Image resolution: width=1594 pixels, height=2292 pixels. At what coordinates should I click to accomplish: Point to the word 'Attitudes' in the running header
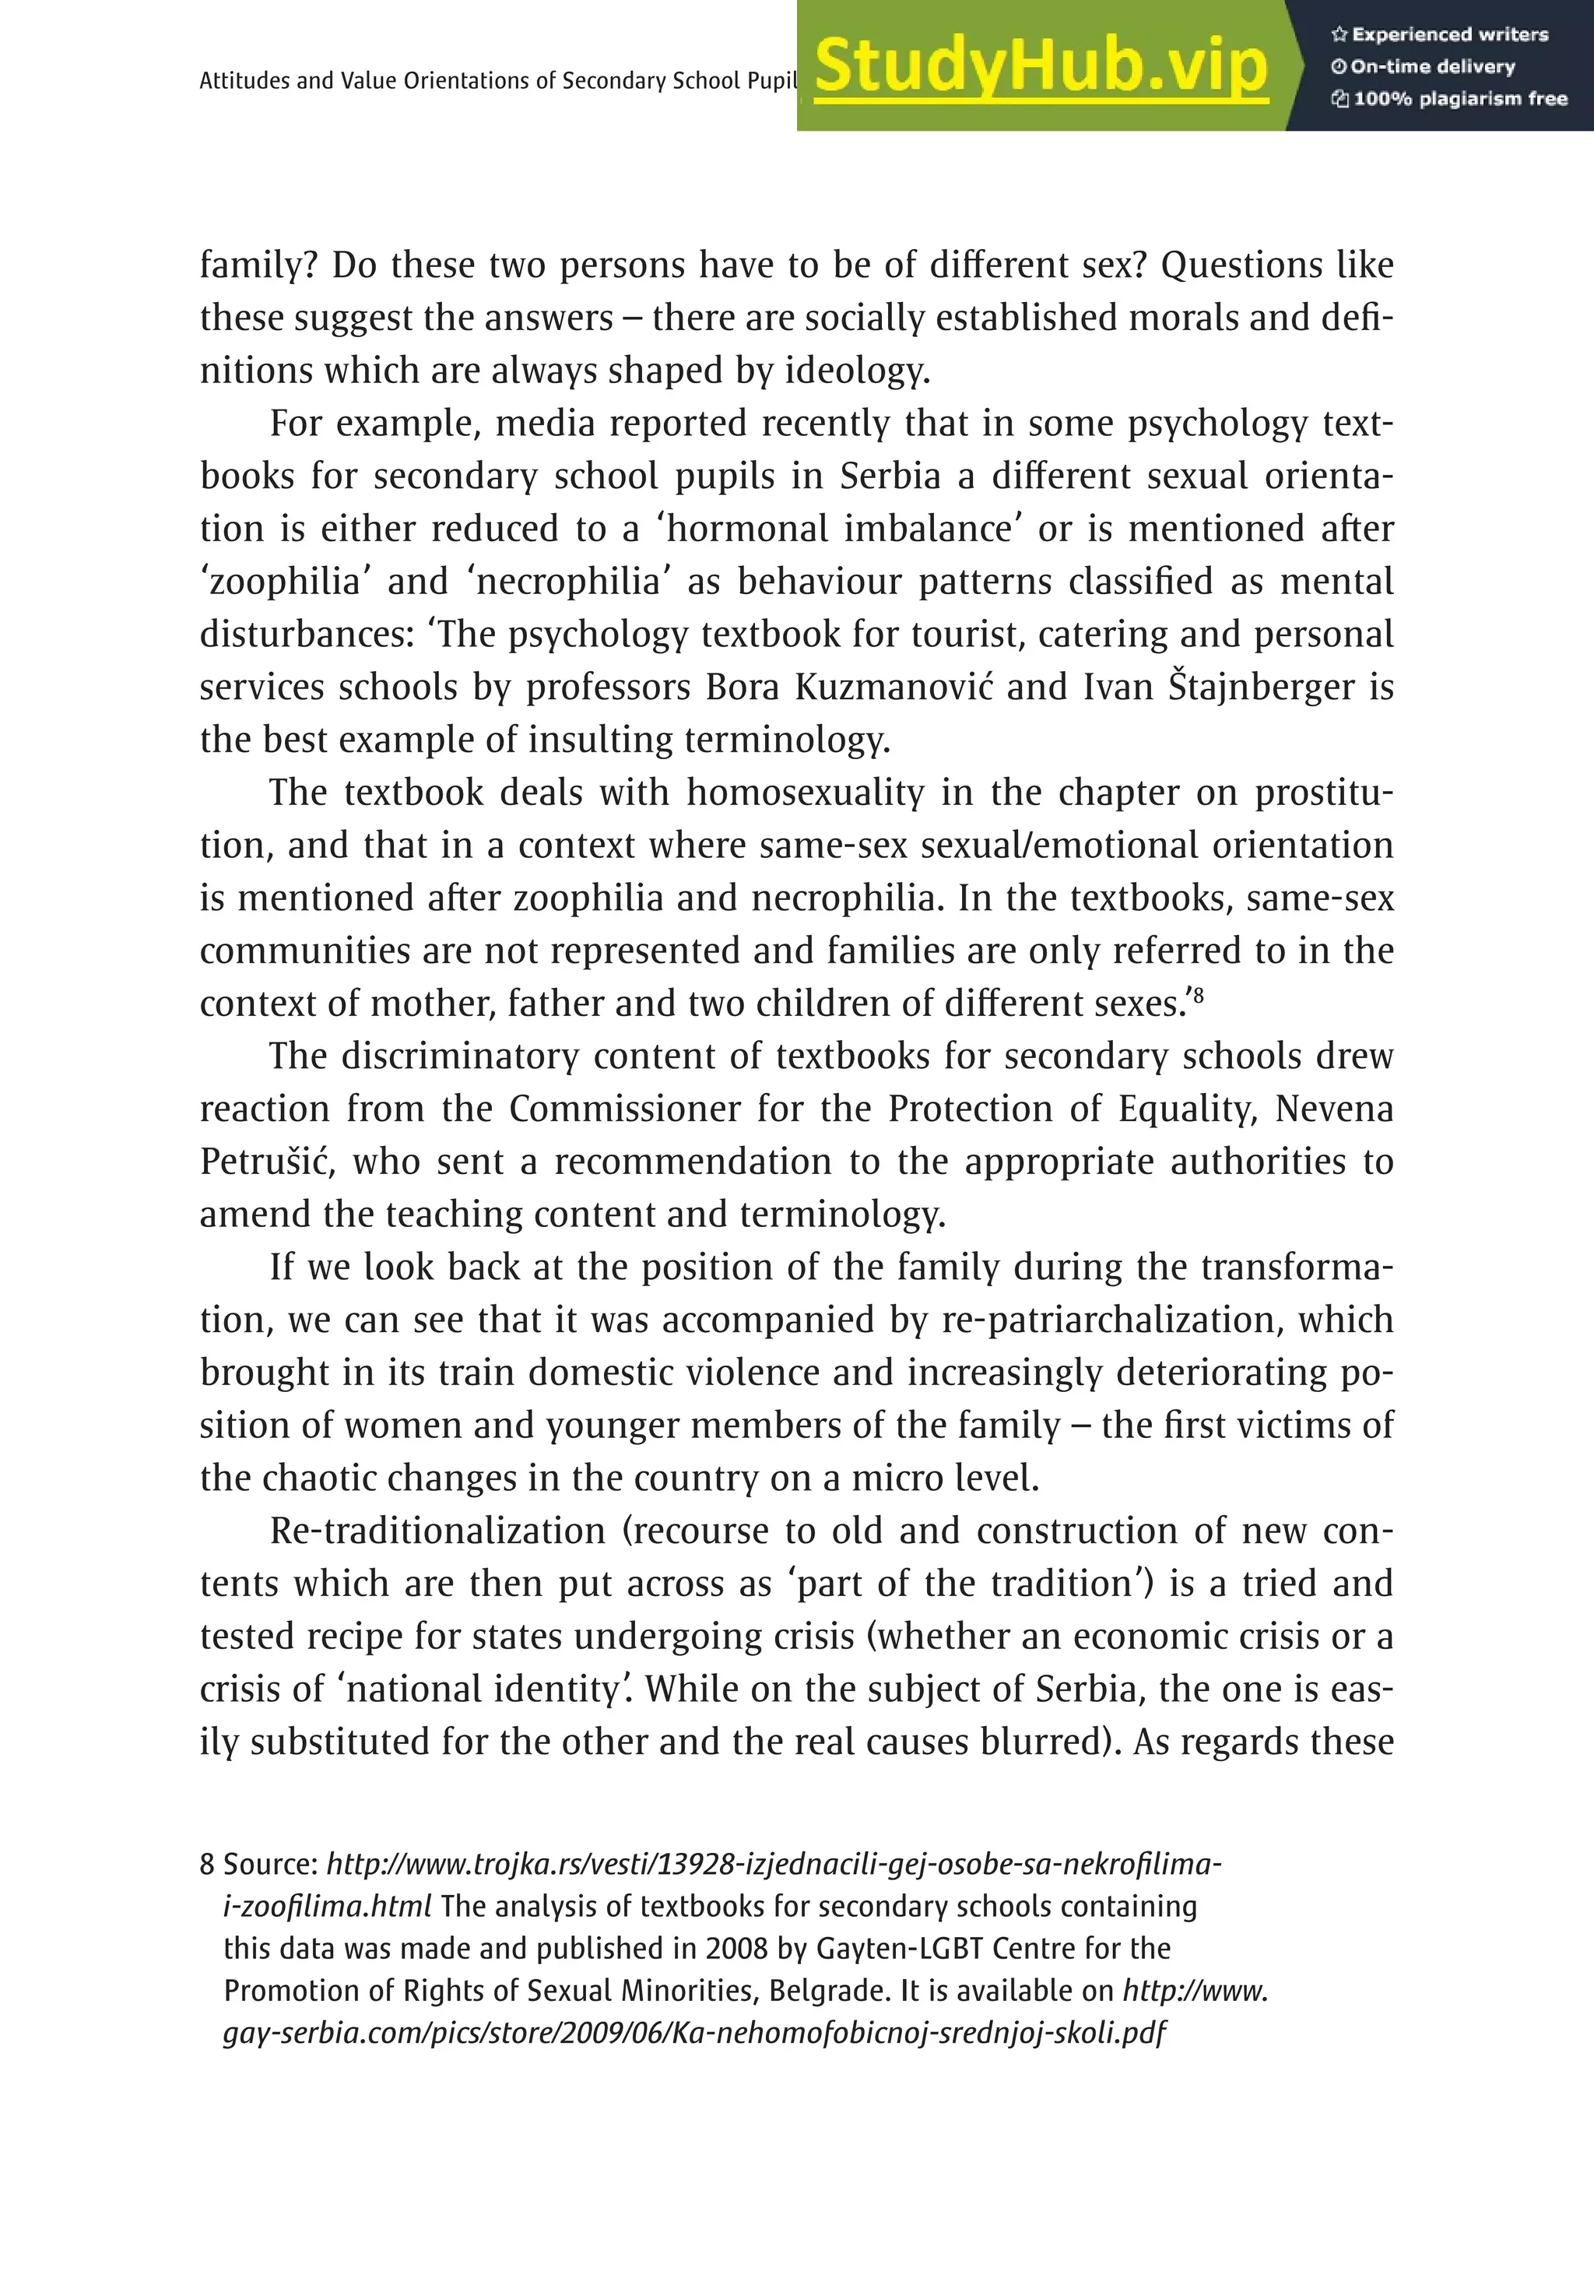pos(243,81)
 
